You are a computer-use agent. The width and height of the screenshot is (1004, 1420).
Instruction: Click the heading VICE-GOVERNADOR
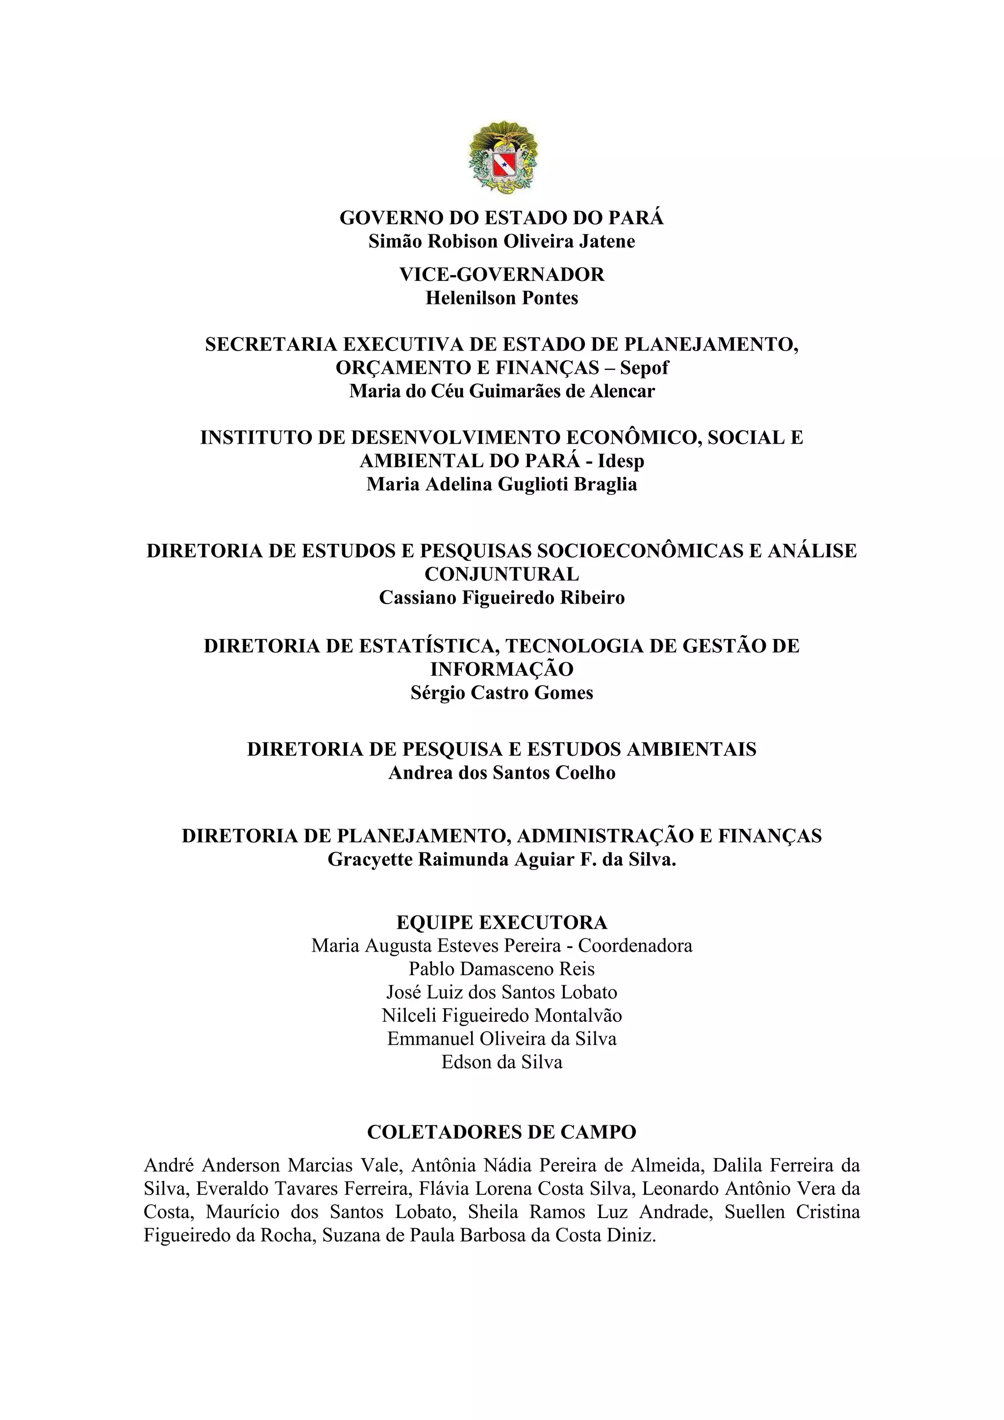tap(502, 275)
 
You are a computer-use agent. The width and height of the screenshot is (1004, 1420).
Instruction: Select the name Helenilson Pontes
tap(502, 298)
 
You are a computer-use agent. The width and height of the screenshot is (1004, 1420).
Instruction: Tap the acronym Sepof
tap(644, 368)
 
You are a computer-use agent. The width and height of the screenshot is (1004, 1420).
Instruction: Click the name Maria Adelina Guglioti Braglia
tap(502, 484)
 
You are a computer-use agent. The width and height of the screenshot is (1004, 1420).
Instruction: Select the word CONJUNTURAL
tap(502, 575)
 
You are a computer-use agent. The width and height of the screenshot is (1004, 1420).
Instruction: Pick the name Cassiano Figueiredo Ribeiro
tap(502, 598)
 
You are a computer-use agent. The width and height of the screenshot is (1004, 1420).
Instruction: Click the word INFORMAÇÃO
tap(502, 669)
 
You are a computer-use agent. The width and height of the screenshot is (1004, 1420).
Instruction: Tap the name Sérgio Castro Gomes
tap(502, 693)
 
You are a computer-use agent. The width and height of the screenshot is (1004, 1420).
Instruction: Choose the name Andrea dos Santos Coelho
tap(502, 773)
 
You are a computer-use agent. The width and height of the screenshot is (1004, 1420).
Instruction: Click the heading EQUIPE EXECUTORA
tap(502, 923)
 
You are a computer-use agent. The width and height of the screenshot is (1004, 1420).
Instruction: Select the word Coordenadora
tap(635, 946)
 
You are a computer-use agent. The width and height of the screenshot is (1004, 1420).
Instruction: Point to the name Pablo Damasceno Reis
tap(502, 969)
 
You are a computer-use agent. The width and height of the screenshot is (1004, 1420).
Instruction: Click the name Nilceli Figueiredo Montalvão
tap(502, 1015)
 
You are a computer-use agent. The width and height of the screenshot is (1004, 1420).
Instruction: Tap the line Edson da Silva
tap(502, 1063)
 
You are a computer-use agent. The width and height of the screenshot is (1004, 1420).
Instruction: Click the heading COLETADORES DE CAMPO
tap(502, 1132)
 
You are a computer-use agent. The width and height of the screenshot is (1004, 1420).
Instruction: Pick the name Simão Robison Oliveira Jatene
tap(502, 241)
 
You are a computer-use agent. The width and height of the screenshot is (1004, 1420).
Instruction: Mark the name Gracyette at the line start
tap(370, 860)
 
